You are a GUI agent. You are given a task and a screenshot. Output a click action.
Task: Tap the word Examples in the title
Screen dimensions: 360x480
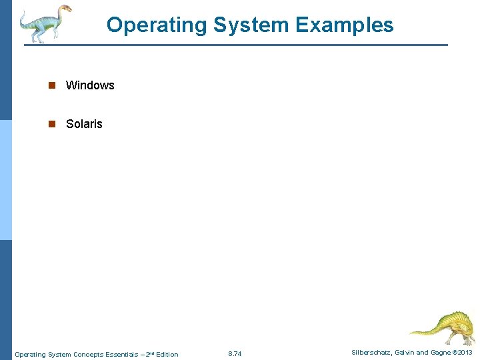[x=345, y=25]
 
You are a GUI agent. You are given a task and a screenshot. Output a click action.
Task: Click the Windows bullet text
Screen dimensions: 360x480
[x=90, y=85]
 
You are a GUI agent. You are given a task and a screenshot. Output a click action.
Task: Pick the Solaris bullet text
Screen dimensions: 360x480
[x=84, y=124]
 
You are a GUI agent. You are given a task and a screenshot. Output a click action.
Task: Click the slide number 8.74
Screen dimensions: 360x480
[x=235, y=354]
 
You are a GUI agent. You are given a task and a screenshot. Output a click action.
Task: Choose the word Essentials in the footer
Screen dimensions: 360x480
[x=119, y=355]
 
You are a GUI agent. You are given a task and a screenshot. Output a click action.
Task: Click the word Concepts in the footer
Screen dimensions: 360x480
[x=89, y=355]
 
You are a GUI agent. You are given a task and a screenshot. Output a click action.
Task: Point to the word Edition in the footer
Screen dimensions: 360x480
[x=167, y=355]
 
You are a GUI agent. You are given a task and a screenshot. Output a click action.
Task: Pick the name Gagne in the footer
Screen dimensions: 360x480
[x=443, y=353]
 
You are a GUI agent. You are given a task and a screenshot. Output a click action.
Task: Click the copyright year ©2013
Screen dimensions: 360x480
[x=464, y=353]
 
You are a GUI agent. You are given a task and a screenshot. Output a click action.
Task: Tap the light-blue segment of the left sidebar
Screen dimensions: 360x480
[x=6, y=180]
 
